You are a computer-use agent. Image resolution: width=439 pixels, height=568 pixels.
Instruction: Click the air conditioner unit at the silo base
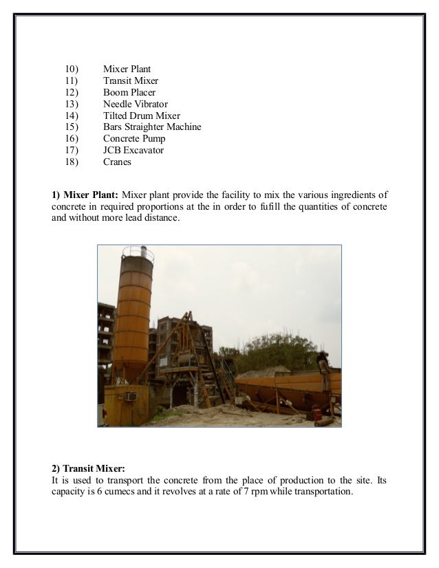[130, 396]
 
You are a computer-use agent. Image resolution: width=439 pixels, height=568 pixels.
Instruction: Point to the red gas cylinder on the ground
[316, 413]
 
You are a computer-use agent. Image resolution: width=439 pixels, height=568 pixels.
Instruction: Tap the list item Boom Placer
[129, 92]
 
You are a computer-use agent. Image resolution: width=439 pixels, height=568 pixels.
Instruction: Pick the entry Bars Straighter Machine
[152, 127]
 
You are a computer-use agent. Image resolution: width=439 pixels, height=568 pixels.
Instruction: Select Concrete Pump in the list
[134, 139]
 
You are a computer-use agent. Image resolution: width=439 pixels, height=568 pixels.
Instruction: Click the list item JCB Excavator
[133, 151]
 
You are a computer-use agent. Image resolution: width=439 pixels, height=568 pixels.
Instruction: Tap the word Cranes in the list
[117, 162]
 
